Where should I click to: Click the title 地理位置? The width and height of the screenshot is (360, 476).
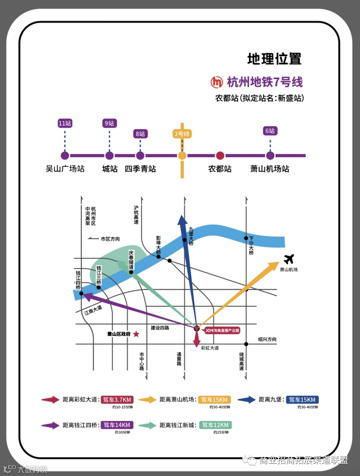click(x=274, y=59)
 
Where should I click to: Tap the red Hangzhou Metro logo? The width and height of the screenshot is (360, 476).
click(x=216, y=82)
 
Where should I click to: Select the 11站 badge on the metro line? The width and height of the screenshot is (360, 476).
click(x=65, y=123)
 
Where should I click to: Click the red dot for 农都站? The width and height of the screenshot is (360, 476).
click(x=220, y=155)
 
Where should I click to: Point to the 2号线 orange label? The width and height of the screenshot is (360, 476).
click(x=182, y=134)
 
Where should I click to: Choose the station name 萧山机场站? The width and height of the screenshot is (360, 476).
click(x=270, y=169)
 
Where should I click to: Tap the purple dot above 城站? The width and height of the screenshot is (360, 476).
click(x=109, y=155)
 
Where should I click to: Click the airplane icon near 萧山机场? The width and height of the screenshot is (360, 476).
click(x=289, y=259)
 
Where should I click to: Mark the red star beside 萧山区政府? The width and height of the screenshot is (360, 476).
click(x=136, y=334)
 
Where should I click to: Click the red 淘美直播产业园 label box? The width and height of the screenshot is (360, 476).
click(x=222, y=330)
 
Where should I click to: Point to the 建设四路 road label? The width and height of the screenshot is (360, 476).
click(x=160, y=328)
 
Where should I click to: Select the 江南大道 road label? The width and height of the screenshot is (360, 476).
click(x=93, y=310)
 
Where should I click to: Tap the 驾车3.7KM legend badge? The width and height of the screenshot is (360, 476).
click(x=117, y=400)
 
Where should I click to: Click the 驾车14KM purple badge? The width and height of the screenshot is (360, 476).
click(x=117, y=425)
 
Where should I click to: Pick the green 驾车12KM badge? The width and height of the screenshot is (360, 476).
click(x=215, y=425)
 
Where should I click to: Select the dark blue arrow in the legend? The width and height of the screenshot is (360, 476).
click(x=246, y=400)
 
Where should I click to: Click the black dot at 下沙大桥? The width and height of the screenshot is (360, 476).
click(x=246, y=238)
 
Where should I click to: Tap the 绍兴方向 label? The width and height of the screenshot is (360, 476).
click(x=267, y=339)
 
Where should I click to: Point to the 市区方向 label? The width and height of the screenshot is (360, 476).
click(x=110, y=239)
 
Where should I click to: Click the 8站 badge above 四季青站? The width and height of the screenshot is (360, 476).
click(x=140, y=134)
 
